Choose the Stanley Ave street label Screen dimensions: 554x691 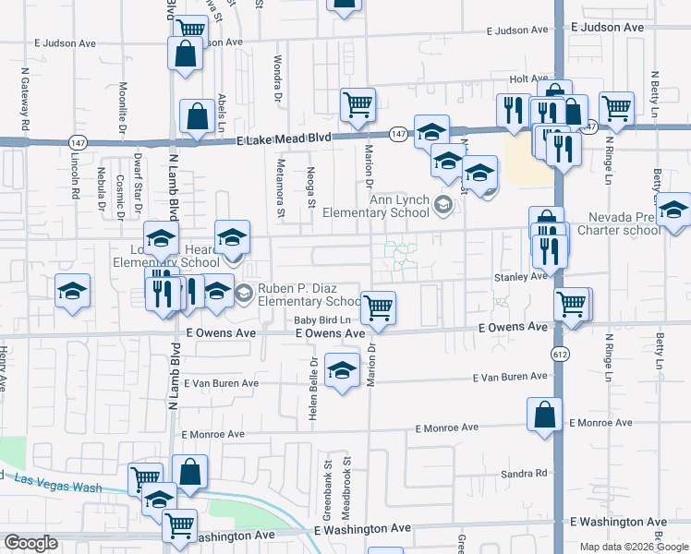click(x=521, y=276)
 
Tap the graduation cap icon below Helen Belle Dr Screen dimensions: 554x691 click(x=343, y=372)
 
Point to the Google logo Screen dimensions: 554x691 click(x=30, y=543)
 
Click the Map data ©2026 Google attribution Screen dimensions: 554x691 click(x=633, y=547)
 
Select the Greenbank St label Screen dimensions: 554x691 click(x=326, y=476)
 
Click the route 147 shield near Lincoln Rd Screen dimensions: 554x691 click(x=77, y=142)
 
